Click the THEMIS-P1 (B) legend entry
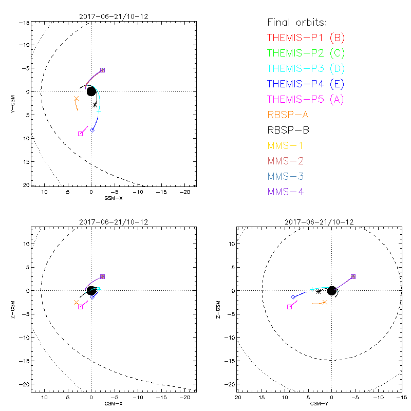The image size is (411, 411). point(306,38)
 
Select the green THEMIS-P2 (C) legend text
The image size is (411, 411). point(306,53)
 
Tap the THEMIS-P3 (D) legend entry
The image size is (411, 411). point(306,68)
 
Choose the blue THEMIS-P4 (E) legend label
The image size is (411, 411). point(306,84)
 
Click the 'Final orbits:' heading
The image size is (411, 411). point(297,23)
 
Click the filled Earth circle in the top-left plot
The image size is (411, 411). point(91,91)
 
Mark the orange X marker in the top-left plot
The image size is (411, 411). point(77,99)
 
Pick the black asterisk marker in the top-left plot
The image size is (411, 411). point(95,105)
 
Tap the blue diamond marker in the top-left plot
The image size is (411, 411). point(92,130)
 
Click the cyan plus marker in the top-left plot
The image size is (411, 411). point(99,111)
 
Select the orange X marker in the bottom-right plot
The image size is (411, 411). point(325,303)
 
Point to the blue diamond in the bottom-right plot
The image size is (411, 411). point(293,297)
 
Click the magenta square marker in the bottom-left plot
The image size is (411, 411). point(81,307)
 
